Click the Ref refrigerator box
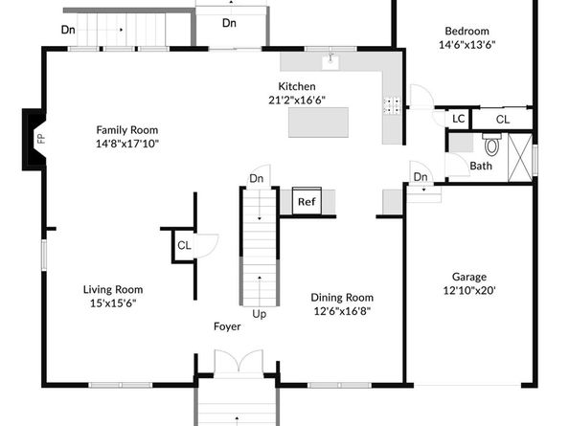(307, 201)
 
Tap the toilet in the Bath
(491, 144)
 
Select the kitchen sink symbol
(330, 61)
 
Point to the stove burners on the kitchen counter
(392, 105)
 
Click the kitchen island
(318, 123)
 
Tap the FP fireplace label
(41, 138)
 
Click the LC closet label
(458, 119)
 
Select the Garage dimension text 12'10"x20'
(469, 290)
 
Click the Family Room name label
(127, 130)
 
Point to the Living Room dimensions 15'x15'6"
(113, 303)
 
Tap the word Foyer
(227, 326)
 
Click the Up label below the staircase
(259, 314)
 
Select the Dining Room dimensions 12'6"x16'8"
(342, 311)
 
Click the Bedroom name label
(467, 31)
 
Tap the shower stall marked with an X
(520, 158)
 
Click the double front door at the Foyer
(239, 361)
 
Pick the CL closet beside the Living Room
(184, 245)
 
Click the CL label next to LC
(503, 120)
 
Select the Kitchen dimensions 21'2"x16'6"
(297, 100)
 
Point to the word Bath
(481, 166)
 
